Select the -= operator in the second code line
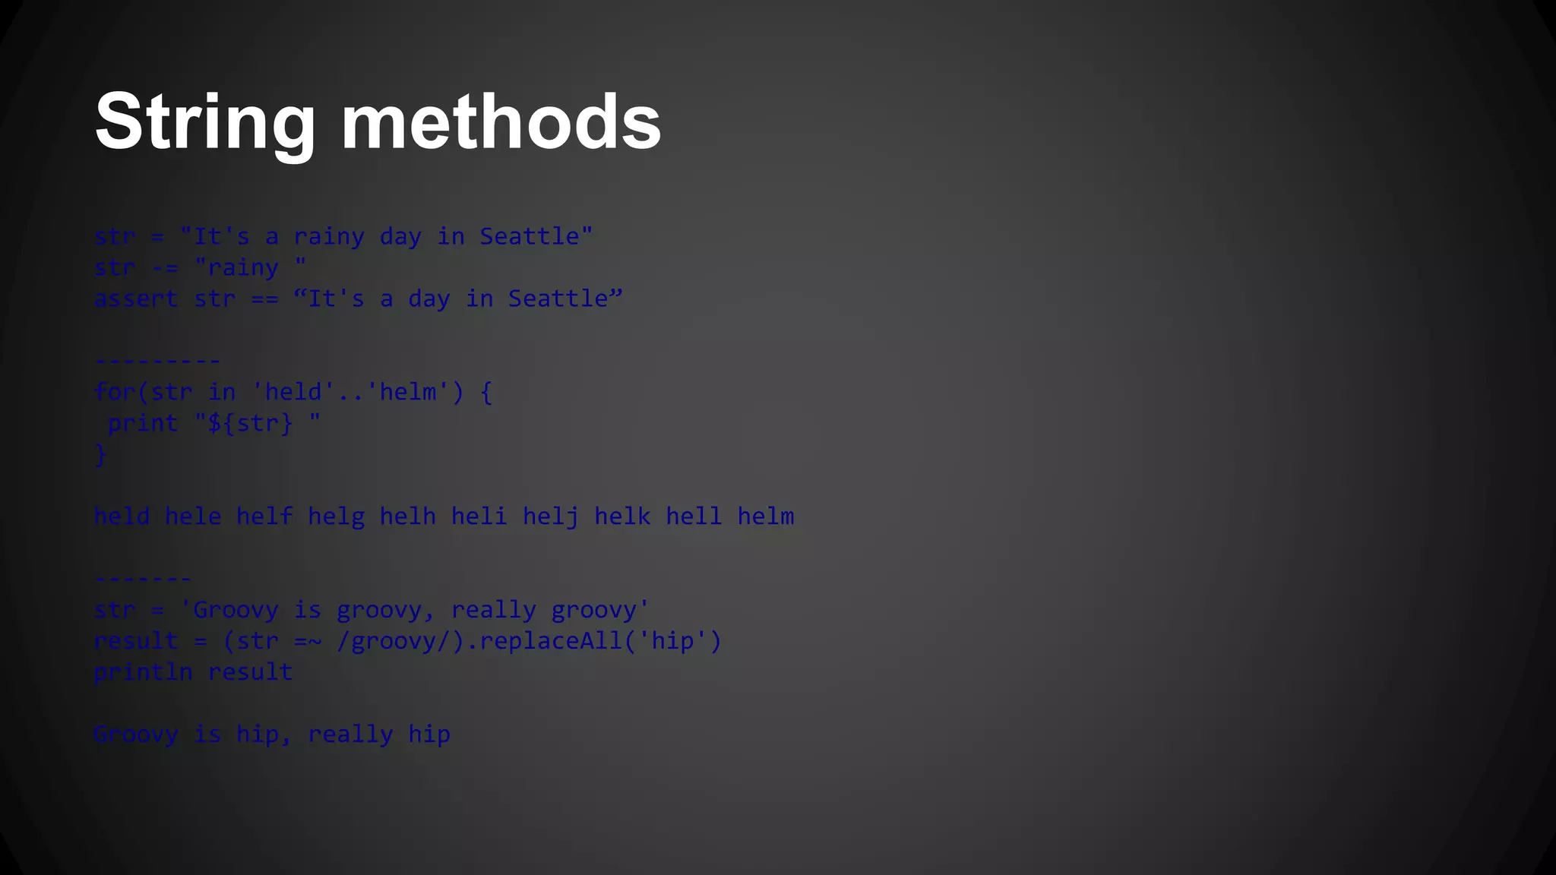click(164, 268)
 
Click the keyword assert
click(136, 299)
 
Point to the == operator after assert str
click(264, 299)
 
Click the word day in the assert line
click(429, 299)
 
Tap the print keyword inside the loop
click(143, 424)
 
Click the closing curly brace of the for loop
click(100, 455)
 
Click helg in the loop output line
click(336, 517)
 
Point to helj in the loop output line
click(551, 517)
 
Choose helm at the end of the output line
click(766, 517)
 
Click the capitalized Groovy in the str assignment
click(236, 610)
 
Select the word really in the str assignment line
click(494, 610)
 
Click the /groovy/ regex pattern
click(394, 641)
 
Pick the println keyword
click(143, 672)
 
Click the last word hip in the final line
click(429, 734)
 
